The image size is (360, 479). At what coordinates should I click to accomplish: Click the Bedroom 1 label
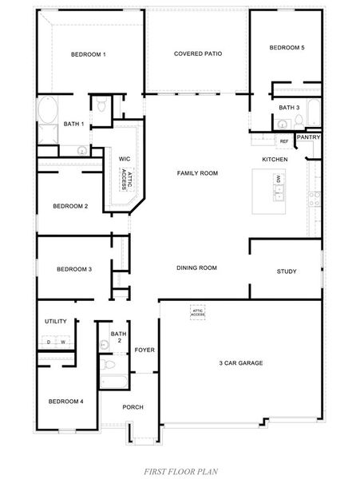(x=88, y=54)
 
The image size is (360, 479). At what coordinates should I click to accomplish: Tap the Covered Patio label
(x=197, y=53)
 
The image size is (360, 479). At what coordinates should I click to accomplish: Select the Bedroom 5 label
(x=287, y=48)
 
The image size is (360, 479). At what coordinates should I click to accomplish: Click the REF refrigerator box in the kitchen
(x=283, y=141)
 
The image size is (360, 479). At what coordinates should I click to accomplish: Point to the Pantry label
(x=308, y=137)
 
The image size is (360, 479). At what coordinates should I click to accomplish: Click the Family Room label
(x=197, y=173)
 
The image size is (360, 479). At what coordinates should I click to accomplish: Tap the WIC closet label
(x=125, y=159)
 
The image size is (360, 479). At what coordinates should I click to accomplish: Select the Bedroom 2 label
(x=70, y=206)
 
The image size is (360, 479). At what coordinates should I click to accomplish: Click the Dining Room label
(x=196, y=267)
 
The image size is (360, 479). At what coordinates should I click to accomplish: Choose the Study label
(x=287, y=271)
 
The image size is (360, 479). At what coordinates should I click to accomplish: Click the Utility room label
(x=56, y=321)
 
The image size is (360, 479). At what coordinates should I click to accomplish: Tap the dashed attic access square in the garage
(x=197, y=311)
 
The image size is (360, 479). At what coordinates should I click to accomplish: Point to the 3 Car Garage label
(x=241, y=363)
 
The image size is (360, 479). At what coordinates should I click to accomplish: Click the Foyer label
(x=144, y=350)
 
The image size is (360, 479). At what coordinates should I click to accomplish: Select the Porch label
(x=133, y=407)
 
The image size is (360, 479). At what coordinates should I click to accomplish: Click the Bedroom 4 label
(x=65, y=401)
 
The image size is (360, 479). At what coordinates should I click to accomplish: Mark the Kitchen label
(x=275, y=160)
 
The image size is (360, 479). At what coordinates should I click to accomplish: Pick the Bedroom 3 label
(x=74, y=269)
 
